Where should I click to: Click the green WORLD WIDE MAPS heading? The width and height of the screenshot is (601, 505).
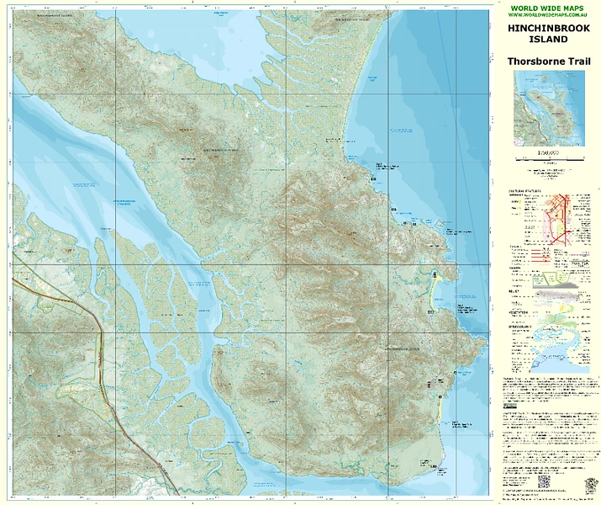point(549,8)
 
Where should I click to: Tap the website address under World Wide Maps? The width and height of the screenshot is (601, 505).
point(549,15)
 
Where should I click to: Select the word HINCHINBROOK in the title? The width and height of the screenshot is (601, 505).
point(549,29)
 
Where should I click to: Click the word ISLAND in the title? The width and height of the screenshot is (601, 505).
point(549,40)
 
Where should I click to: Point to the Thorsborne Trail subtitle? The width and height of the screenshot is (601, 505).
point(549,61)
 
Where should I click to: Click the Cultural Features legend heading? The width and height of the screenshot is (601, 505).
point(525,192)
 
